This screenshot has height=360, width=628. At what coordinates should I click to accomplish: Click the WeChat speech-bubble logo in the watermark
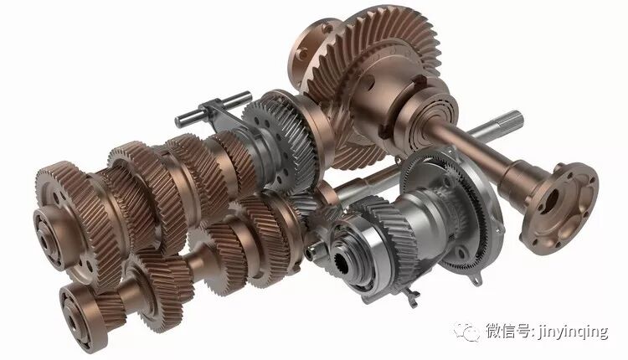[466, 332]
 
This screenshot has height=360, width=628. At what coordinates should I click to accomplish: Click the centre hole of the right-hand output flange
[553, 199]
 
